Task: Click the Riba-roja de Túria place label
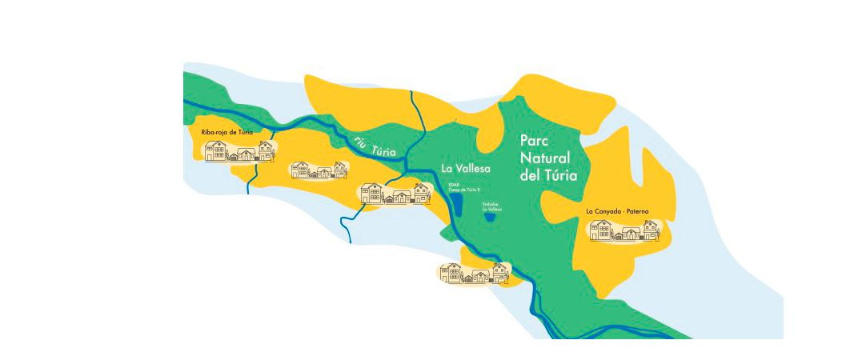(x=227, y=132)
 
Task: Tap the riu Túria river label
(x=375, y=147)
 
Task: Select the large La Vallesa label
(x=465, y=170)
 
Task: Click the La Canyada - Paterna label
(x=617, y=212)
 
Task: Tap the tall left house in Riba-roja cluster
(x=215, y=151)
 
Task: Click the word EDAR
(x=453, y=185)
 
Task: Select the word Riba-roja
(x=215, y=132)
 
